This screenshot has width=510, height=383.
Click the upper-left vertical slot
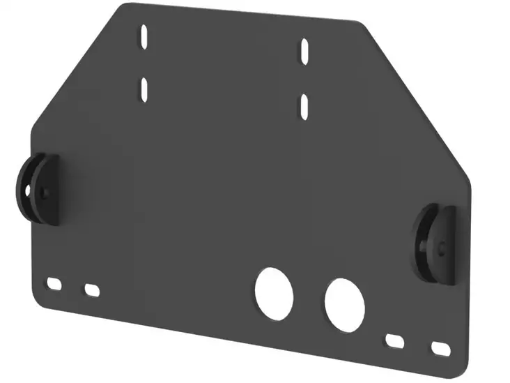[x=144, y=37]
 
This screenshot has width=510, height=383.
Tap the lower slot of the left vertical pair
[x=144, y=89]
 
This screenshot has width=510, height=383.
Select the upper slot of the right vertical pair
[x=304, y=51]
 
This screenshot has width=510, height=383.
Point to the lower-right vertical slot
[x=304, y=106]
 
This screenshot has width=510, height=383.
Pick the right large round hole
[x=345, y=304]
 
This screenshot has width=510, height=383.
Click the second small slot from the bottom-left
[x=92, y=290]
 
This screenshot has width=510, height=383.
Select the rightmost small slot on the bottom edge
[x=440, y=347]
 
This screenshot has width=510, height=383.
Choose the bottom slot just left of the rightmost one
[x=396, y=340]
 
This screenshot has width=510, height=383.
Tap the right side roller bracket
[x=436, y=243]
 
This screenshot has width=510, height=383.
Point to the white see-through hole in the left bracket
[x=28, y=189]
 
